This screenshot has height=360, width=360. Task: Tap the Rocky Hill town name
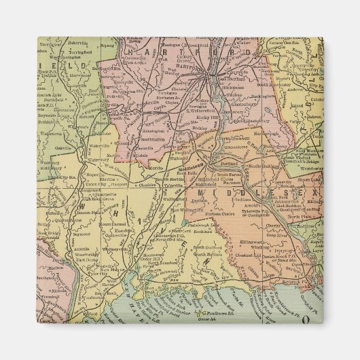pyautogui.click(x=202, y=119)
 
